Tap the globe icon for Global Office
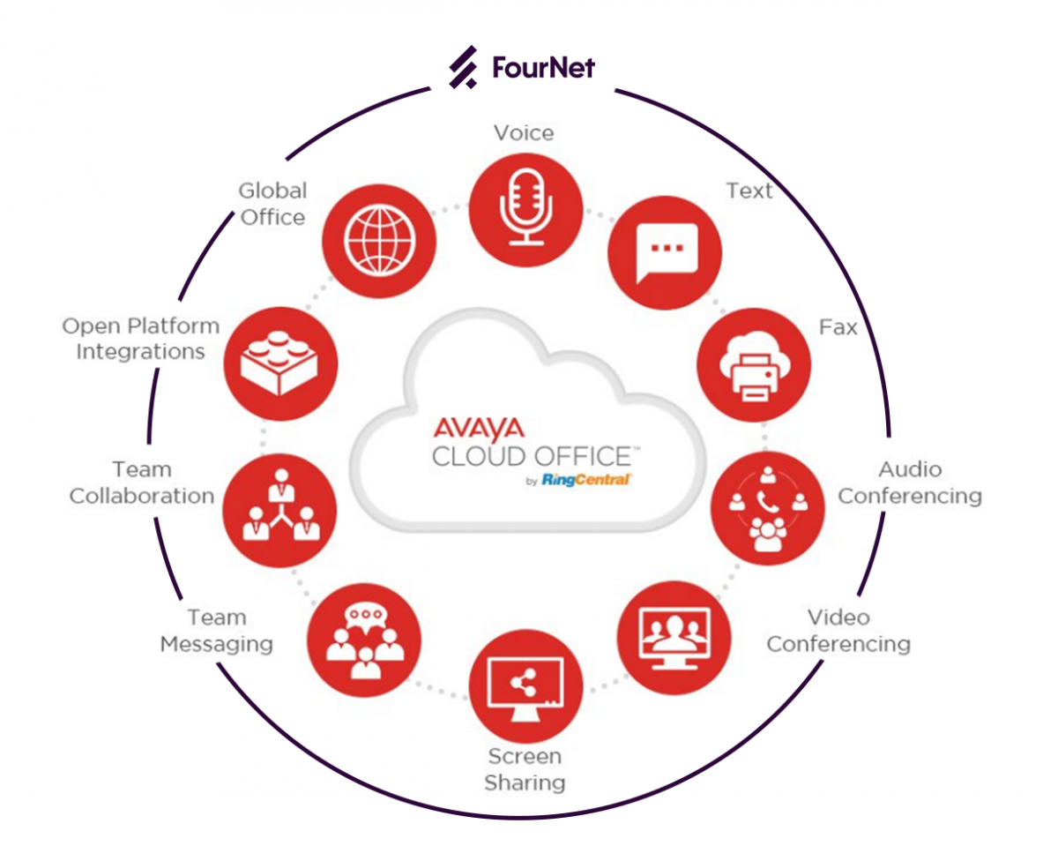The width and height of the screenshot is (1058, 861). [x=379, y=241]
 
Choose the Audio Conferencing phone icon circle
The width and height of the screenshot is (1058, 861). [x=768, y=509]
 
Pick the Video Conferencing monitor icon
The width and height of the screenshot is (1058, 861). [x=674, y=638]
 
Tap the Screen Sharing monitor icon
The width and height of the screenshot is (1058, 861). [x=525, y=686]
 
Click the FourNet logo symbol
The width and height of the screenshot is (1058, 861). [x=464, y=68]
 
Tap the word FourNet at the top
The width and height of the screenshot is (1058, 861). [x=543, y=68]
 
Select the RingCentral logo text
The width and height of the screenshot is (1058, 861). [x=586, y=480]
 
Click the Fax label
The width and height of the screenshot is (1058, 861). [x=838, y=327]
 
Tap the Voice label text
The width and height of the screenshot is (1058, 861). [x=524, y=133]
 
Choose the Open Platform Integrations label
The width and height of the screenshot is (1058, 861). [x=140, y=339]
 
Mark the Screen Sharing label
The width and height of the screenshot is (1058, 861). [x=525, y=769]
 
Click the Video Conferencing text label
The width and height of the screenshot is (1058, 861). [x=838, y=631]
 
